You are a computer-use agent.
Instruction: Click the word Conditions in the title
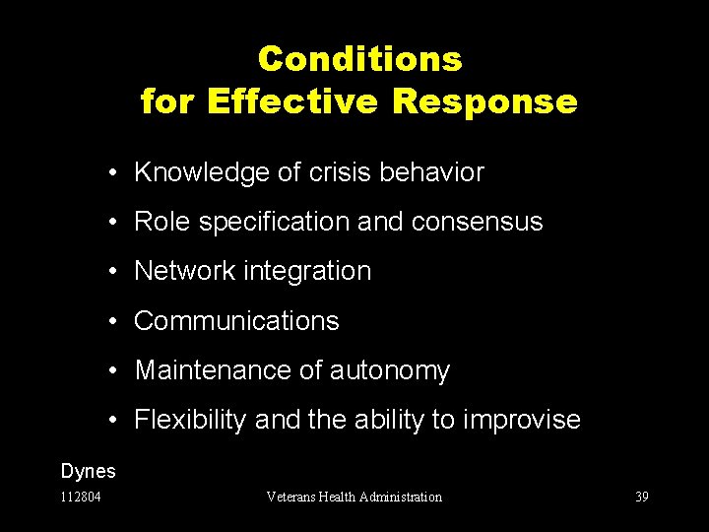(x=359, y=59)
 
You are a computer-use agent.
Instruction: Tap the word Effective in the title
(x=295, y=101)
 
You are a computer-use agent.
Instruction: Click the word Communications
(x=236, y=321)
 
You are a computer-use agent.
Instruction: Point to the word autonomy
(x=390, y=370)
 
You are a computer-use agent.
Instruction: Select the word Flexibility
(x=190, y=421)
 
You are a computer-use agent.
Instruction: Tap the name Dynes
(x=88, y=472)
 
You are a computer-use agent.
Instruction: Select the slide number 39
(x=641, y=498)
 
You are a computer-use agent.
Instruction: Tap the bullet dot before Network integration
(x=116, y=272)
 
